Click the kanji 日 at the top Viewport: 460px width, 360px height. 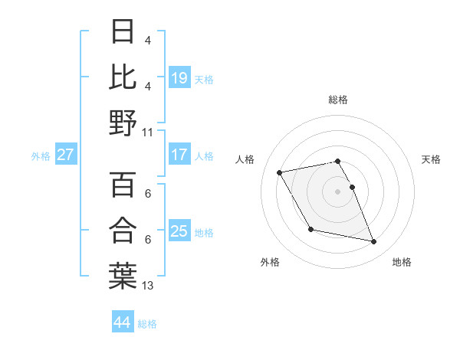point(123,31)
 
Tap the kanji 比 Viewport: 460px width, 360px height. point(123,76)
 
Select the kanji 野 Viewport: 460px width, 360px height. point(123,122)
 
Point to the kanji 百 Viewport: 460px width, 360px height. point(123,185)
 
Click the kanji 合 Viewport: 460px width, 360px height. point(123,230)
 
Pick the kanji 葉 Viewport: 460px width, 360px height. point(123,275)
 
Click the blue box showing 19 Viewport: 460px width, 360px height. point(179,77)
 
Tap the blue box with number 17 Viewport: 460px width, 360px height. point(179,155)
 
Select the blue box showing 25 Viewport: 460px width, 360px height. point(179,231)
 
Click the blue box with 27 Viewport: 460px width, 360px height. point(65,155)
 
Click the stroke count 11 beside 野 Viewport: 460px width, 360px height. point(148,132)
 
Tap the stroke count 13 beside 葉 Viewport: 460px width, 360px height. point(148,285)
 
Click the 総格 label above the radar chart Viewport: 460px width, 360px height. point(338,100)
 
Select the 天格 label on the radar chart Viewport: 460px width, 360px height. point(432,159)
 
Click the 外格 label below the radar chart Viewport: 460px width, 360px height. point(270,263)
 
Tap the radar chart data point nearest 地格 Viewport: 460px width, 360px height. point(374,242)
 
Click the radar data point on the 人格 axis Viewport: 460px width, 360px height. point(280,172)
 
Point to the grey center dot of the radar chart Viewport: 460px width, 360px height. point(338,191)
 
